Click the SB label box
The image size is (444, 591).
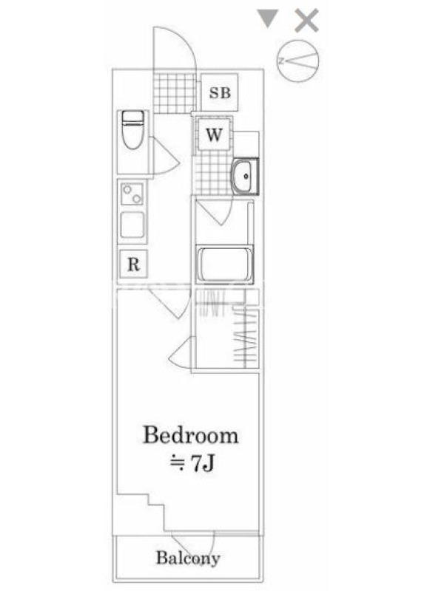click(219, 92)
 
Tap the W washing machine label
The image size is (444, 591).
click(214, 134)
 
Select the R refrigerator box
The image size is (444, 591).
click(133, 264)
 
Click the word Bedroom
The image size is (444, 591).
click(191, 435)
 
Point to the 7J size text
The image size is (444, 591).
click(203, 464)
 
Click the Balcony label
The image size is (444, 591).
click(188, 558)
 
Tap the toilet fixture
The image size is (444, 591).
click(133, 129)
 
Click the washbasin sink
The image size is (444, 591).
click(245, 176)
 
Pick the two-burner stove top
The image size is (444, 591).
click(132, 194)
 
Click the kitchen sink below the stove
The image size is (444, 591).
click(132, 225)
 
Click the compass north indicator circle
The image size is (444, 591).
click(298, 61)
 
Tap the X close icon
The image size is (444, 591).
click(306, 21)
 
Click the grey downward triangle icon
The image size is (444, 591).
click(268, 18)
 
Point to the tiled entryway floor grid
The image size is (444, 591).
click(175, 93)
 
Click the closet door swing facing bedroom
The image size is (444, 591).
click(181, 352)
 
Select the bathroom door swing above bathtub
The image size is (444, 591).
click(213, 211)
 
